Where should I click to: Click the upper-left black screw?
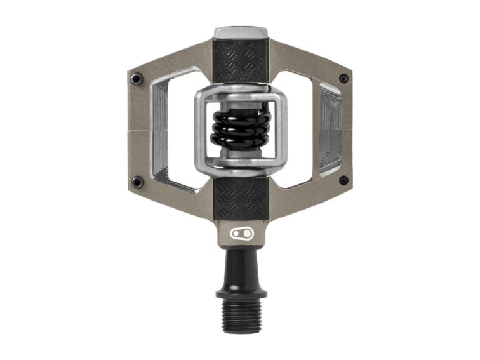tap(137, 79)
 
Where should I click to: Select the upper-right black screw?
tap(343, 79)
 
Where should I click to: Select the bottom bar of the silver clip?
tap(240, 167)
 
